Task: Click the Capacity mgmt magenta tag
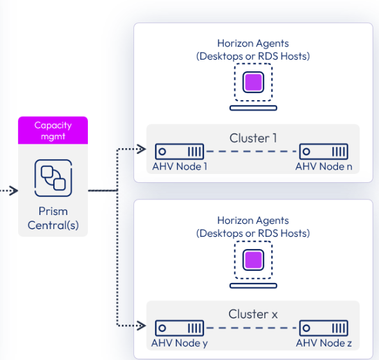(x=53, y=130)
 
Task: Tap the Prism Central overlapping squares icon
(x=53, y=177)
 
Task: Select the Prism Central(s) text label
(x=53, y=218)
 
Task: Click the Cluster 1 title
(x=253, y=138)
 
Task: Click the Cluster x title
(x=253, y=314)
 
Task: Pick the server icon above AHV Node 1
(x=180, y=152)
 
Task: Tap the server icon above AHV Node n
(x=324, y=152)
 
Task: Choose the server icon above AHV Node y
(x=180, y=328)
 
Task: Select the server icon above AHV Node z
(x=324, y=328)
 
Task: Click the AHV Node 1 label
(x=180, y=167)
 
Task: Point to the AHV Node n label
(x=324, y=167)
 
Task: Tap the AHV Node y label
(x=180, y=343)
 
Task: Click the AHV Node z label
(x=324, y=343)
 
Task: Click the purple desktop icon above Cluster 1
(x=253, y=82)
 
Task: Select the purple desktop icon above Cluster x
(x=253, y=259)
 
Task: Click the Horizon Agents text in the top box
(x=253, y=44)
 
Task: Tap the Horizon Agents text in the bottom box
(x=253, y=221)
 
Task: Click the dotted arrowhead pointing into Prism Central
(x=13, y=191)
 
